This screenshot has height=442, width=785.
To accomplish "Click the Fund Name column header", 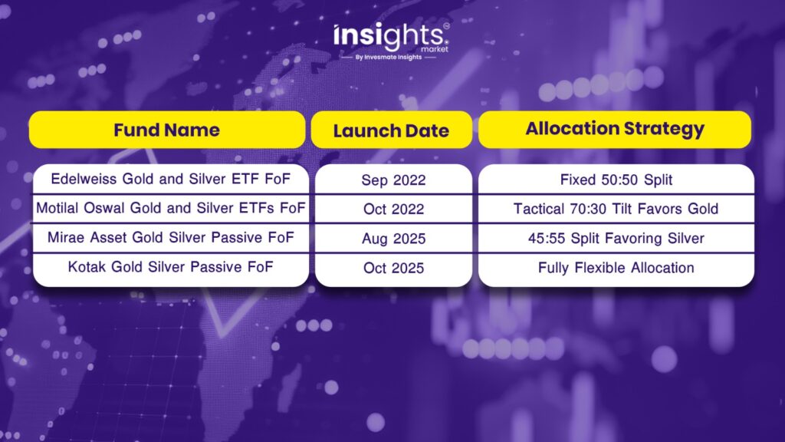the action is (167, 130).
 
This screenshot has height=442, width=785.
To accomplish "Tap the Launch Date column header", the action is (391, 130).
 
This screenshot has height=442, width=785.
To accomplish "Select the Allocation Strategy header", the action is (615, 129).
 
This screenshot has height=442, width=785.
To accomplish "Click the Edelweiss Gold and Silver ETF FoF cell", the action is (171, 179).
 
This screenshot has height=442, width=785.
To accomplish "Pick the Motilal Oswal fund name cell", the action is (171, 208).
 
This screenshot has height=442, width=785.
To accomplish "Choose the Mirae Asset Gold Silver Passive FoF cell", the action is (171, 238).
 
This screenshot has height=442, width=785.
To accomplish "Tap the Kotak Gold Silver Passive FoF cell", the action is (171, 267).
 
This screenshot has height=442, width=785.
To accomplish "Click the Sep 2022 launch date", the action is (393, 180).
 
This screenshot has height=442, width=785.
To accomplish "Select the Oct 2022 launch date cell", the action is (393, 209).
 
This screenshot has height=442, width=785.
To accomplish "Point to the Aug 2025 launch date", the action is (393, 238).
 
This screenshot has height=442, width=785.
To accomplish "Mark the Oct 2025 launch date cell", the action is (393, 268).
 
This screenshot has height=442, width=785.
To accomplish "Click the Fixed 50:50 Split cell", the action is (616, 180).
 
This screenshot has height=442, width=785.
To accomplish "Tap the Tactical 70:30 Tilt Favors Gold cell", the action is (616, 209).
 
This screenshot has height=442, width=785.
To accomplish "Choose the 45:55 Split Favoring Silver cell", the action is (616, 238).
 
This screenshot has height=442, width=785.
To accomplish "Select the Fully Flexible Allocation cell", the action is (616, 268).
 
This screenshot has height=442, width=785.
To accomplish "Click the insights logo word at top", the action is (389, 36).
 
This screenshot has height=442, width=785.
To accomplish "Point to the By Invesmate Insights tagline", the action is (389, 57).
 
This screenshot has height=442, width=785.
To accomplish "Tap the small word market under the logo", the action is (435, 49).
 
